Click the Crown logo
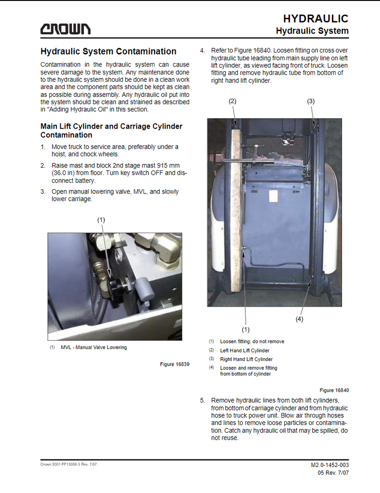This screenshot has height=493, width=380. coord(65,29)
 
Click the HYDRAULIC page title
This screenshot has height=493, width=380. coord(315,19)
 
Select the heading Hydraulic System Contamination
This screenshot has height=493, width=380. coord(108,51)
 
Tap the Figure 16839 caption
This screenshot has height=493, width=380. coord(174,364)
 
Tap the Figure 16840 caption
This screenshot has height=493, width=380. coord(334,390)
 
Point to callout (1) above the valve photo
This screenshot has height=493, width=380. coord(101,220)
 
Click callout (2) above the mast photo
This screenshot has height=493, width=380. coord(232,101)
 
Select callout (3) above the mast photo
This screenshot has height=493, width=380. coord(311,101)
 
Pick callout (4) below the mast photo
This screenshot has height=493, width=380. coord(299,319)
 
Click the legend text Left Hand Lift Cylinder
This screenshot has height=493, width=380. coord(245,350)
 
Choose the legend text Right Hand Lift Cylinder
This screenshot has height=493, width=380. coord(246,359)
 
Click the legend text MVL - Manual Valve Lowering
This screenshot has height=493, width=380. coord(94,347)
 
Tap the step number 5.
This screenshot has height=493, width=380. coord(202,401)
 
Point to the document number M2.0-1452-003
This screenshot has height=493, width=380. coord(329,465)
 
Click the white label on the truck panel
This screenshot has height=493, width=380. coord(274,196)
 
